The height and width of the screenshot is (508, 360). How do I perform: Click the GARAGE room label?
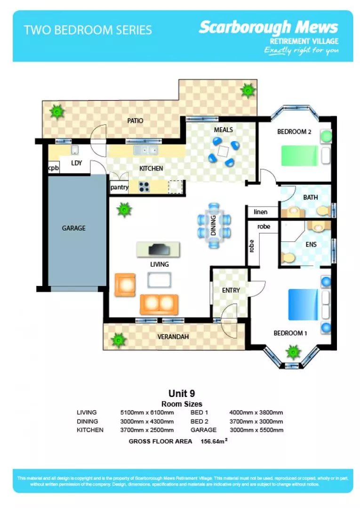point(74,228)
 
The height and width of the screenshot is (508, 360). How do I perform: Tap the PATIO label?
point(135,121)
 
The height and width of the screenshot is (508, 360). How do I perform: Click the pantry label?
point(120,187)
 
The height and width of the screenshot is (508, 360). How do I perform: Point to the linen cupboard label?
point(260,212)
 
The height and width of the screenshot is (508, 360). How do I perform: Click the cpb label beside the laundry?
point(53,168)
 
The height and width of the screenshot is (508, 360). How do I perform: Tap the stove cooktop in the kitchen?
point(144,187)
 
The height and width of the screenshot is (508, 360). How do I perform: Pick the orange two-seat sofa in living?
point(159,304)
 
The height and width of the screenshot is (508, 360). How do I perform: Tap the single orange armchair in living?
point(125,285)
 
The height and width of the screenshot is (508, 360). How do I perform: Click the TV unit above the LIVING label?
point(158,249)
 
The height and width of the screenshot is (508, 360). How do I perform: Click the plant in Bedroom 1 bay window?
point(293,351)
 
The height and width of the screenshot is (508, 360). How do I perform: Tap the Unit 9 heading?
point(182,393)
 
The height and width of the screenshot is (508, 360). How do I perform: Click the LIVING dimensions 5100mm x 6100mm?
point(147,413)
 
